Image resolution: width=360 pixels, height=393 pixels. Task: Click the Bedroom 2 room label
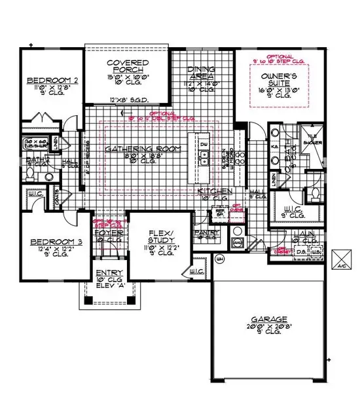tap(43, 81)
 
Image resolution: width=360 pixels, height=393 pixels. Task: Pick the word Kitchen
tap(213, 190)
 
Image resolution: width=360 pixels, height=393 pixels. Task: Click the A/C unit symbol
tap(342, 259)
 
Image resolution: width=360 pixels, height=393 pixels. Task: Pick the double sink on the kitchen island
tap(203, 157)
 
